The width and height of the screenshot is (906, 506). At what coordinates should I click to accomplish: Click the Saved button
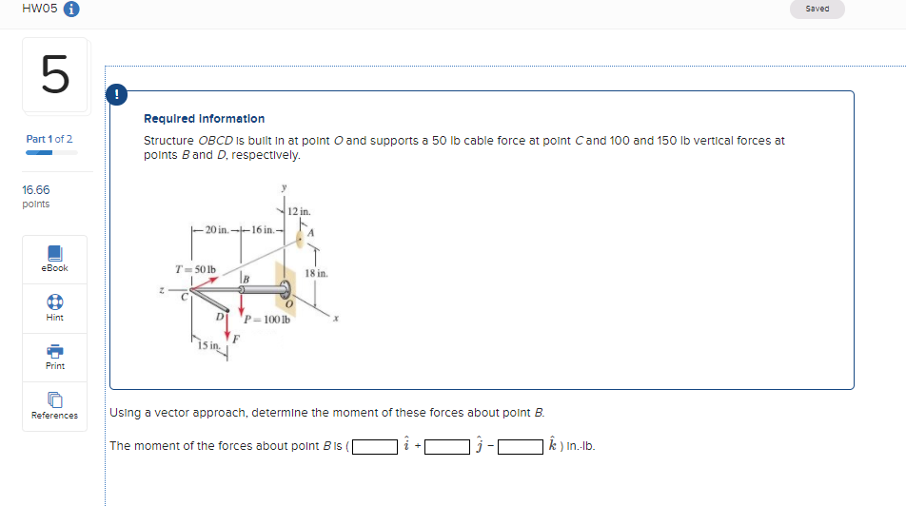tap(817, 9)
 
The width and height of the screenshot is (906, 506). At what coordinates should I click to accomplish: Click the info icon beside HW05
tap(70, 10)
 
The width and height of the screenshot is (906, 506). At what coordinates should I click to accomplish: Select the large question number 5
tap(54, 75)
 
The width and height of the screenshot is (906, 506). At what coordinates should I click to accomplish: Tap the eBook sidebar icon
tap(54, 254)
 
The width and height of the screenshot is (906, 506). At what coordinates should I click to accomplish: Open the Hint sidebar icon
tap(54, 302)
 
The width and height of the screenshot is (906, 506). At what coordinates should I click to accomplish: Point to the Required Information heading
tap(204, 119)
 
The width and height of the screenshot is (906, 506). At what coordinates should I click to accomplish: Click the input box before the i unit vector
tap(375, 445)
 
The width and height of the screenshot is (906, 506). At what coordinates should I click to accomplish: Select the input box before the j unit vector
tap(448, 445)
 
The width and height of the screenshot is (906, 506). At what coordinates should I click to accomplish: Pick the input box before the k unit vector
tap(521, 445)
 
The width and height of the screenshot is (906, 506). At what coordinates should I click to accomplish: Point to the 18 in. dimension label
tap(317, 273)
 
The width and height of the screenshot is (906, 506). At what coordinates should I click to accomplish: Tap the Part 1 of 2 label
tap(49, 140)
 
